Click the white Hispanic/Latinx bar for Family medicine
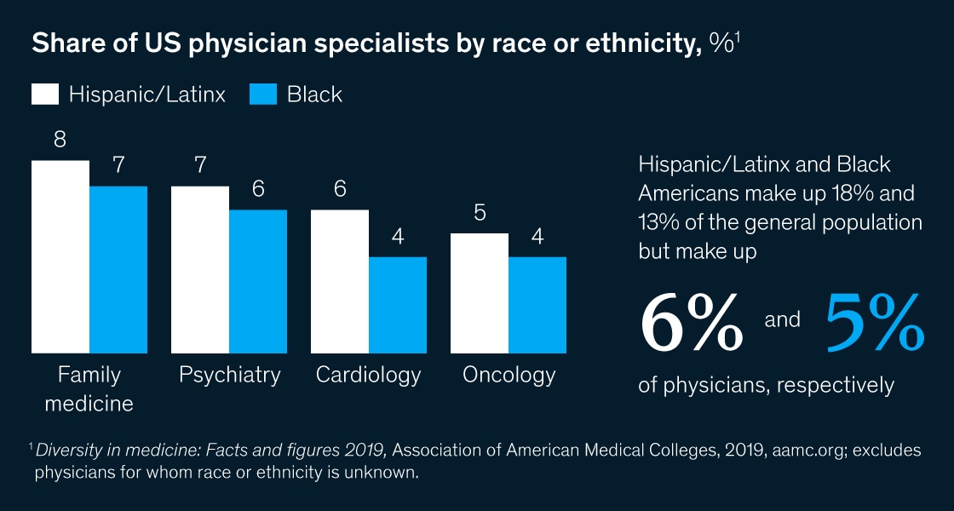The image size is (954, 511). pos(60,256)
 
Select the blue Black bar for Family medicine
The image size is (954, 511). pos(118,269)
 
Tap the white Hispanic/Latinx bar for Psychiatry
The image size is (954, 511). pos(200,269)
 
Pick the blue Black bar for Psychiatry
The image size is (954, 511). pos(258,281)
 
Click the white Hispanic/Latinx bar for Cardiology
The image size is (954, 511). pos(340,281)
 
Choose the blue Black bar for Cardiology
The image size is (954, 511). pos(398,305)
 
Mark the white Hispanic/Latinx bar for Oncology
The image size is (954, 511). pos(480,293)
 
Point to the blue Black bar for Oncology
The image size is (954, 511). pos(537,305)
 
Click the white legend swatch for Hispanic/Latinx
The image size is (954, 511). pos(46,94)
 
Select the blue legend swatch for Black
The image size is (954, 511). pos(263,94)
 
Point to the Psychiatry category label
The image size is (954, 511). pos(229,375)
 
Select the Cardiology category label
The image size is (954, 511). pos(368,375)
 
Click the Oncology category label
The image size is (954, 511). pos(509,375)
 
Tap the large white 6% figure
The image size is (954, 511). pos(691,324)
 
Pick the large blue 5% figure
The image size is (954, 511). pos(874,324)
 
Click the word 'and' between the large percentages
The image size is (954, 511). pos(783,320)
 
